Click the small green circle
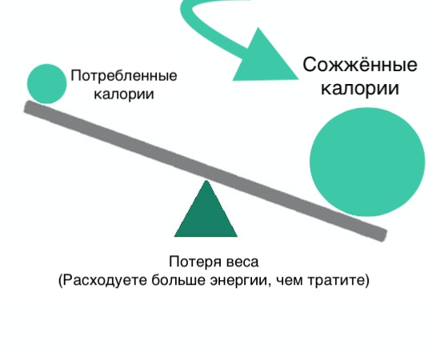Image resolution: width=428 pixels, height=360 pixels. [x=46, y=84]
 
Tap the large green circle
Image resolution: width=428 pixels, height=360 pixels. [x=367, y=162]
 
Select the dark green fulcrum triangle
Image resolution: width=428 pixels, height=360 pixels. [x=206, y=209]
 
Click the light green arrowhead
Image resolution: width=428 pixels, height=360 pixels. [x=265, y=58]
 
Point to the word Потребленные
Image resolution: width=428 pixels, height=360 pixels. [x=124, y=76]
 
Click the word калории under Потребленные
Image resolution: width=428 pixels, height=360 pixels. [x=124, y=94]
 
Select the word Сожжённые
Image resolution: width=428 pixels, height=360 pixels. [x=360, y=65]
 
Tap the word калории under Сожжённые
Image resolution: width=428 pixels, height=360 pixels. [x=360, y=88]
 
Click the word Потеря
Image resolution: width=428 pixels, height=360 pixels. [x=195, y=262]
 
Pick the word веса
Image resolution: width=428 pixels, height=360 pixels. [x=242, y=262]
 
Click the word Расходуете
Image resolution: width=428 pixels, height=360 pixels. [x=106, y=280]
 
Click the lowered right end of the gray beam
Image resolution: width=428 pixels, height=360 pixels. [x=382, y=236]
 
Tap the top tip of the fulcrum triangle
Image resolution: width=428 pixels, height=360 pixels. [x=206, y=181]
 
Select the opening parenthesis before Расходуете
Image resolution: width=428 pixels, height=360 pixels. [x=61, y=281]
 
